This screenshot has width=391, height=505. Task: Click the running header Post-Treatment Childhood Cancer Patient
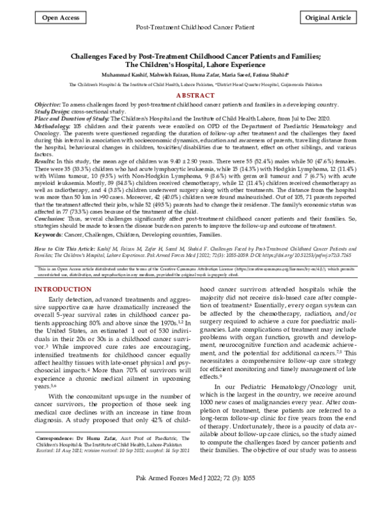(195, 29)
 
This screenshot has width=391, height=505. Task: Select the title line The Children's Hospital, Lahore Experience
(195, 66)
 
